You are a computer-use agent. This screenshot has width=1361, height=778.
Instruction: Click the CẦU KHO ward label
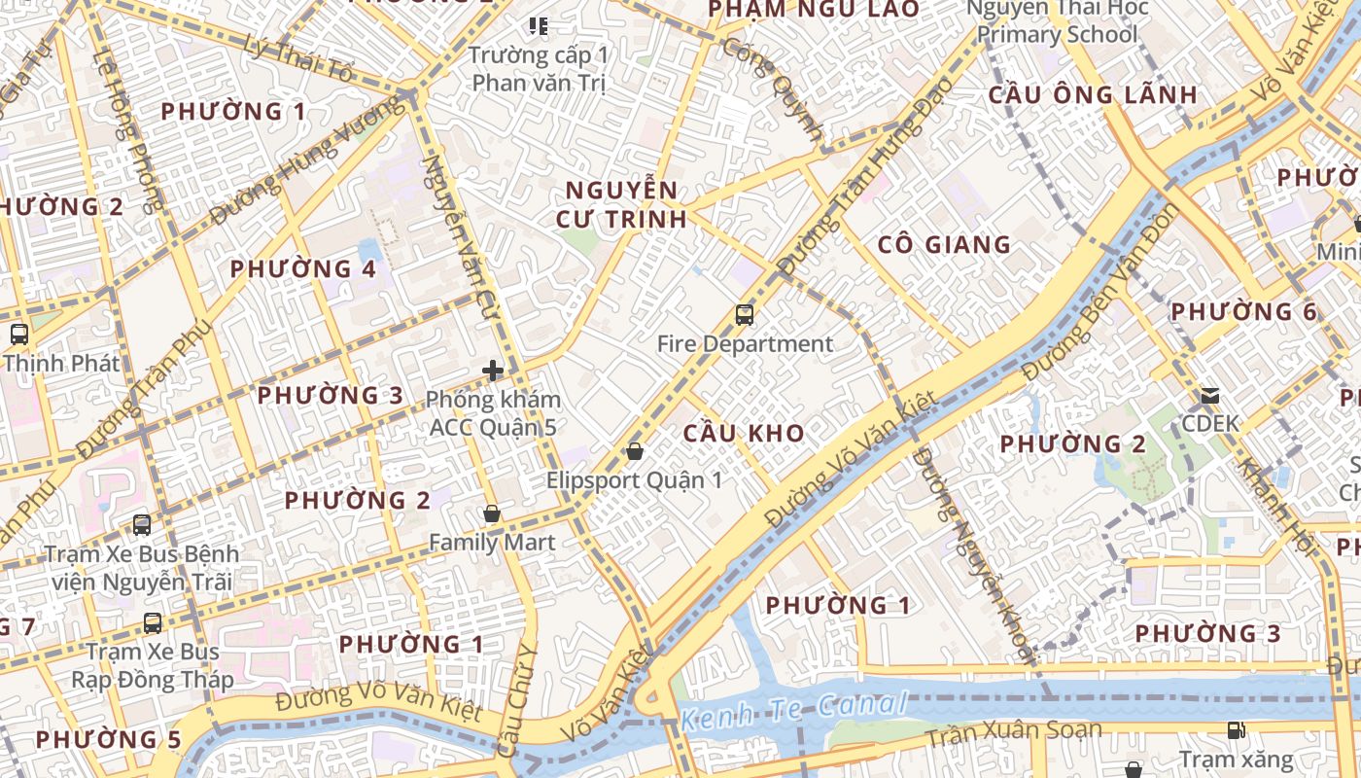[744, 434]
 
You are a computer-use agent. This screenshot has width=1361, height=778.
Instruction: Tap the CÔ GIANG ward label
[944, 244]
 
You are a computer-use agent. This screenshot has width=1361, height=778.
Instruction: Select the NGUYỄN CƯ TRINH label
[622, 204]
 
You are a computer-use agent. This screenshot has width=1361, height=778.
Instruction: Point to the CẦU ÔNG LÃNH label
[1093, 95]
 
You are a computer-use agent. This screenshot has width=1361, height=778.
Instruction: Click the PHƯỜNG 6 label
[1243, 312]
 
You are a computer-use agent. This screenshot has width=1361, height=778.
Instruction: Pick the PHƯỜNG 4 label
[302, 268]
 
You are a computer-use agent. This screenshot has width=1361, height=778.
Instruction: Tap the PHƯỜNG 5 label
[108, 739]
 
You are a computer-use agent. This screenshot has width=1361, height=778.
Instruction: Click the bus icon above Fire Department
[745, 315]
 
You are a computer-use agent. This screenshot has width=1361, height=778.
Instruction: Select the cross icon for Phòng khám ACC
[493, 371]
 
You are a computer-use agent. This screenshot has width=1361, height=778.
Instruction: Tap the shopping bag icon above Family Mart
[492, 513]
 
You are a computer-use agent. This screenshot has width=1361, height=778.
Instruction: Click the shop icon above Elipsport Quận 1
[635, 451]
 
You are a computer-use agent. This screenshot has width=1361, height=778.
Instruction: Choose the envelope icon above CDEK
[1210, 396]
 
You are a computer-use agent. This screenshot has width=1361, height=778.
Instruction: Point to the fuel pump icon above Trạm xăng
[1236, 729]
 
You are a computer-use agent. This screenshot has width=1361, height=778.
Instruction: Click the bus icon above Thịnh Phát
[18, 335]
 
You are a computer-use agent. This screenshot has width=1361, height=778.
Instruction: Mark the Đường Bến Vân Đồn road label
[1101, 292]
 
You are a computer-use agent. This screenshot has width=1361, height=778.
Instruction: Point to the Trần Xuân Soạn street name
[1013, 732]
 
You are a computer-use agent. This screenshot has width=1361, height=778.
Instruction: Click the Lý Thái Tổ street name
[299, 57]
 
